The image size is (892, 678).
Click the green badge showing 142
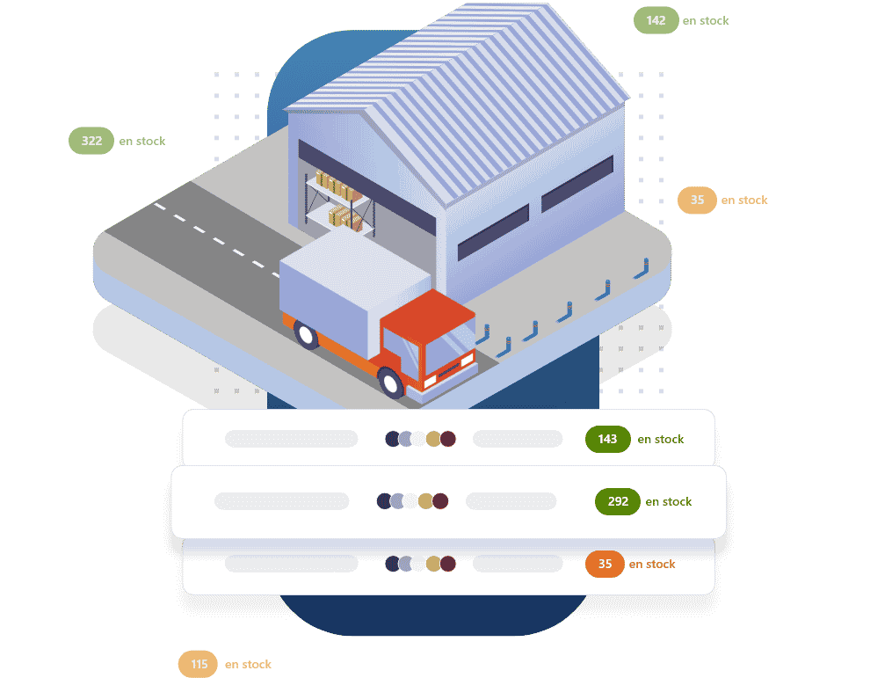tap(656, 20)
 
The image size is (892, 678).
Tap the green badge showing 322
tap(91, 141)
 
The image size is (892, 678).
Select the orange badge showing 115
tap(199, 664)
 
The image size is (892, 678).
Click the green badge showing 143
tap(607, 439)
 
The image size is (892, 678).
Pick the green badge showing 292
tap(618, 501)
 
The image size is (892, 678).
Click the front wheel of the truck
tap(390, 383)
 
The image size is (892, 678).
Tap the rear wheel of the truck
tap(305, 335)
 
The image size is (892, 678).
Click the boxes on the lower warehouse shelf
tap(344, 218)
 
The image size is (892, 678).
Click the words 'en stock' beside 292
tap(669, 501)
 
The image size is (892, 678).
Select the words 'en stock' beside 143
tap(661, 439)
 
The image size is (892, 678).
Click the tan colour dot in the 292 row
tap(425, 501)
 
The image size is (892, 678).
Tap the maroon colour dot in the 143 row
tap(448, 439)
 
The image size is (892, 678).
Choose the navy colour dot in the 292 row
tap(383, 501)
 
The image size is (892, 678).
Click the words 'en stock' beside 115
tap(248, 664)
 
